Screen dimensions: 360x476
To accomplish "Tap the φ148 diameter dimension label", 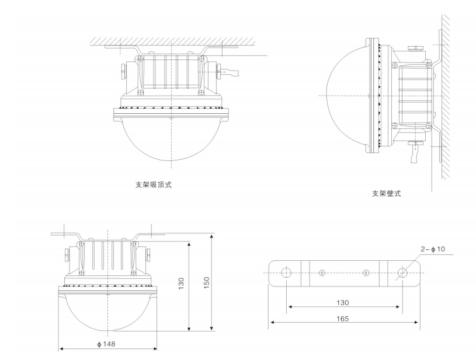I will (106, 344).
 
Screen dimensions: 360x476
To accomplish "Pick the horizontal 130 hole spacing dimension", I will (343, 302).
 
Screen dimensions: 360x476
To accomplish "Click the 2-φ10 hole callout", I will (433, 249).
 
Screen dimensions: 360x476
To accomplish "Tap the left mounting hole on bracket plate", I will (286, 272).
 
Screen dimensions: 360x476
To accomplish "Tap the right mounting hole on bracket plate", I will (401, 272).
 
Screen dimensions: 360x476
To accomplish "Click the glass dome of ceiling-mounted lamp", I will (170, 137).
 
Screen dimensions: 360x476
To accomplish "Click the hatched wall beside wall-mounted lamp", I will (445, 88).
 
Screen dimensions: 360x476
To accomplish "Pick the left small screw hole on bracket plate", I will (321, 272).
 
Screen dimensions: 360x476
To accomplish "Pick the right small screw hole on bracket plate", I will (366, 272).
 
